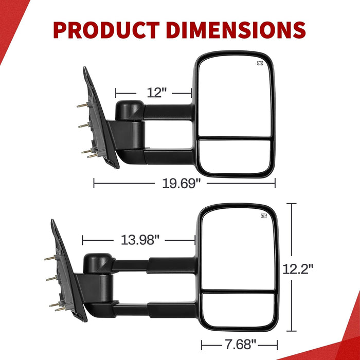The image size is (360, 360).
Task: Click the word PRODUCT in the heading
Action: (106, 30)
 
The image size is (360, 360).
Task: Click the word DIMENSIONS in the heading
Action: (236, 30)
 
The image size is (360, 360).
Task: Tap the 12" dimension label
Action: (156, 93)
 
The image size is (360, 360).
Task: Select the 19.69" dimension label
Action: (181, 184)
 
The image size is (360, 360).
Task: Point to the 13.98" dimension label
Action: (140, 240)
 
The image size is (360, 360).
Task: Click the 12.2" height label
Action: (298, 269)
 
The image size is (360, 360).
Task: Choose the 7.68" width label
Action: (240, 344)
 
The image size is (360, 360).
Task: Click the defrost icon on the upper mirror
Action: (260, 63)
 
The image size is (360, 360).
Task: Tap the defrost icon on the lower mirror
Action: (264, 215)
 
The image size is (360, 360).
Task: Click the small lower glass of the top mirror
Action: (235, 156)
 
